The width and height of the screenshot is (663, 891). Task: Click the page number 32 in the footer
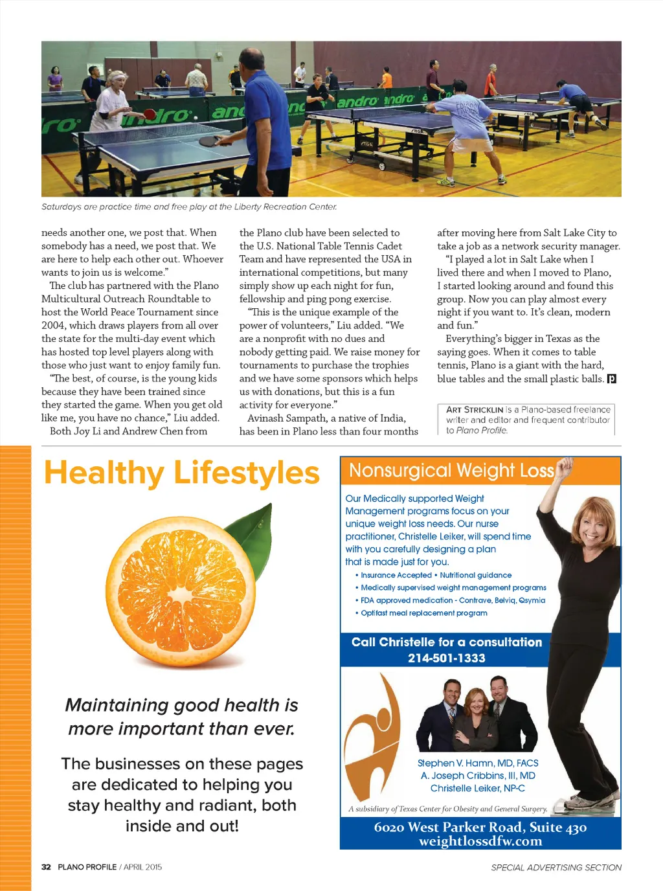[x=46, y=867]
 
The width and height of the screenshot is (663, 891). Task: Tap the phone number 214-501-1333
[x=446, y=658]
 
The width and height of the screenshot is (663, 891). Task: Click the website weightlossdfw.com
[x=480, y=841]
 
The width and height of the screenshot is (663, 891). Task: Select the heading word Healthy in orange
[x=104, y=473]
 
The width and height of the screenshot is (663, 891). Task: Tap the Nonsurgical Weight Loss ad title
[x=451, y=471]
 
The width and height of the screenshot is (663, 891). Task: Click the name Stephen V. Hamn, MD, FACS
[x=478, y=763]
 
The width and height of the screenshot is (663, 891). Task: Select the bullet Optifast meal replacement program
[x=423, y=613]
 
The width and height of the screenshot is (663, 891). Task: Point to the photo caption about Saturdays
[x=189, y=207]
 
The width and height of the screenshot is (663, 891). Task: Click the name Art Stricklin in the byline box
[x=475, y=410]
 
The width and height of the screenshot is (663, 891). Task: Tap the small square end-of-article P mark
[x=611, y=379]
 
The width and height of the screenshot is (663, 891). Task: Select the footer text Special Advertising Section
[x=556, y=868]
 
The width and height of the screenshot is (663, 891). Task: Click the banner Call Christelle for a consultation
[x=447, y=642]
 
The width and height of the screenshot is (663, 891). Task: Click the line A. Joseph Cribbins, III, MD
[x=478, y=776]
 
